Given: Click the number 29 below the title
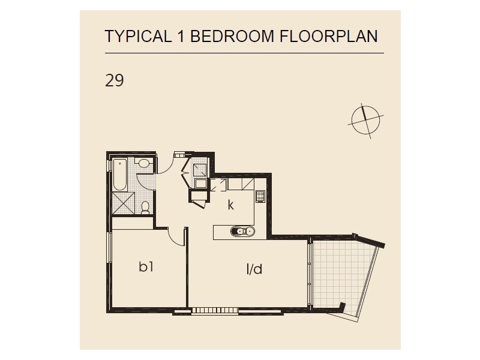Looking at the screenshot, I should click(115, 81).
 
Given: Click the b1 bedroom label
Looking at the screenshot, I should click(146, 268).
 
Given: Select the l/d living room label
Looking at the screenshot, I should click(254, 269).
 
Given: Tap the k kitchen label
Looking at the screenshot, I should click(230, 205).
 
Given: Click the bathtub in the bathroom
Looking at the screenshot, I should click(119, 175).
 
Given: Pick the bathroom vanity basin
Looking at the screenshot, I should click(144, 164).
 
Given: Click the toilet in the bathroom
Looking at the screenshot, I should click(145, 207).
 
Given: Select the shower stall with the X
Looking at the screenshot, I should click(124, 204).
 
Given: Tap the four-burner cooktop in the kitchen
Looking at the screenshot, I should click(260, 195).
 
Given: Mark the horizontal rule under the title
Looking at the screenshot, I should click(244, 53).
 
